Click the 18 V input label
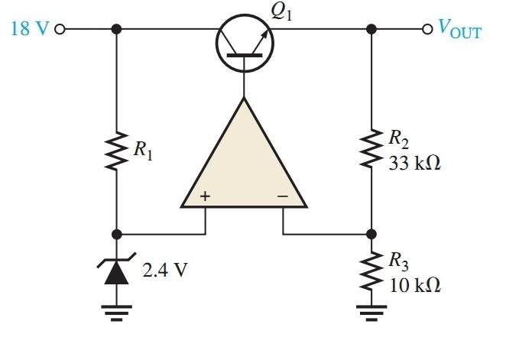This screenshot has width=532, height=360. click(30, 30)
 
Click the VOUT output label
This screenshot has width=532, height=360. click(459, 30)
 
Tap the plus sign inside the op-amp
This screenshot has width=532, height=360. click(205, 196)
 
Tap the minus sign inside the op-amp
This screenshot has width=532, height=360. click(282, 196)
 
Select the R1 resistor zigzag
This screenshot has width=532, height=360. click(116, 150)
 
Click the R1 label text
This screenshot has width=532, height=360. click(142, 151)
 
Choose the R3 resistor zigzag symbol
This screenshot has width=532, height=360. click(371, 271)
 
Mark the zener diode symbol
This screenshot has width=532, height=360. click(116, 270)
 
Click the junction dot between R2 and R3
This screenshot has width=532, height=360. click(371, 234)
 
